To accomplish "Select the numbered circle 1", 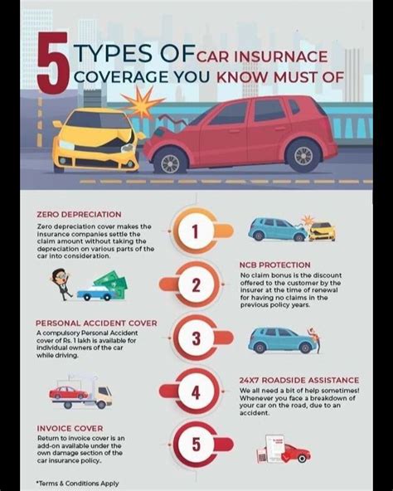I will (196, 232).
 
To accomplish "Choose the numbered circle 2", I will (196, 286).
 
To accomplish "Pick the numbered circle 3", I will (196, 339).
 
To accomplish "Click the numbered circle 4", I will (196, 391).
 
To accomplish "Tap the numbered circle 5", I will (196, 445).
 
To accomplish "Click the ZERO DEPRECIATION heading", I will (79, 215).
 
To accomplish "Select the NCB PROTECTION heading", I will (277, 265).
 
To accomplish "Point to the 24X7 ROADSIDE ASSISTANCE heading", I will (298, 380).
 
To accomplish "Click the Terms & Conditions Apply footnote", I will (76, 482).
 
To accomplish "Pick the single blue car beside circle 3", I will (283, 339).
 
